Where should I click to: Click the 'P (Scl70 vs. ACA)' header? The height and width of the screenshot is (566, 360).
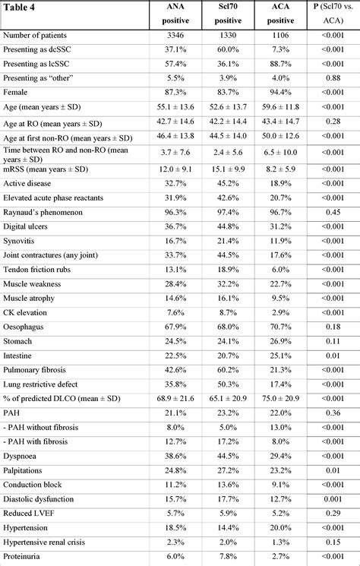[330, 15]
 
